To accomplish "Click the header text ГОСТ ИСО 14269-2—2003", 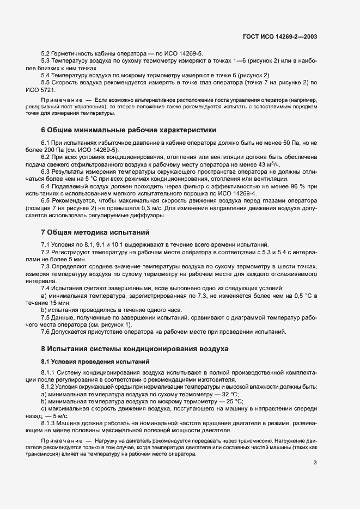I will coord(280,37).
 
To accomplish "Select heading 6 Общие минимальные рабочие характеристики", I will coord(129,130).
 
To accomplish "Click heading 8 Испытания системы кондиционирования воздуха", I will coord(135,348).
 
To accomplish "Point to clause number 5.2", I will coord(46,53).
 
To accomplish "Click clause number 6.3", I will coord(46,171).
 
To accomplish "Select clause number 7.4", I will coord(46,288).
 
